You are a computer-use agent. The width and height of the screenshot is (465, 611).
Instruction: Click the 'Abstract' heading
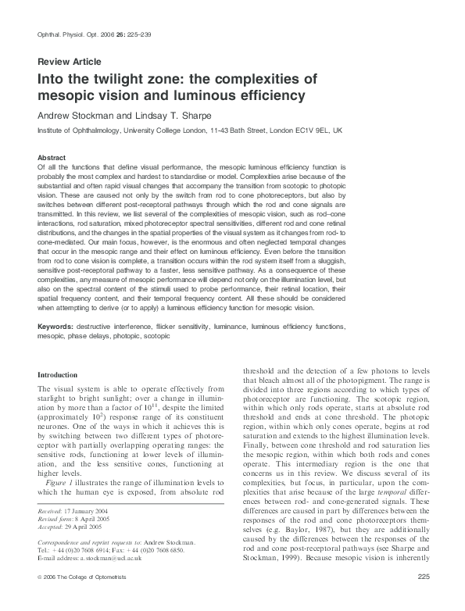52,157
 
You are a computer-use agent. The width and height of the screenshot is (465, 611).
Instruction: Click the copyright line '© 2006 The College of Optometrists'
84,598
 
